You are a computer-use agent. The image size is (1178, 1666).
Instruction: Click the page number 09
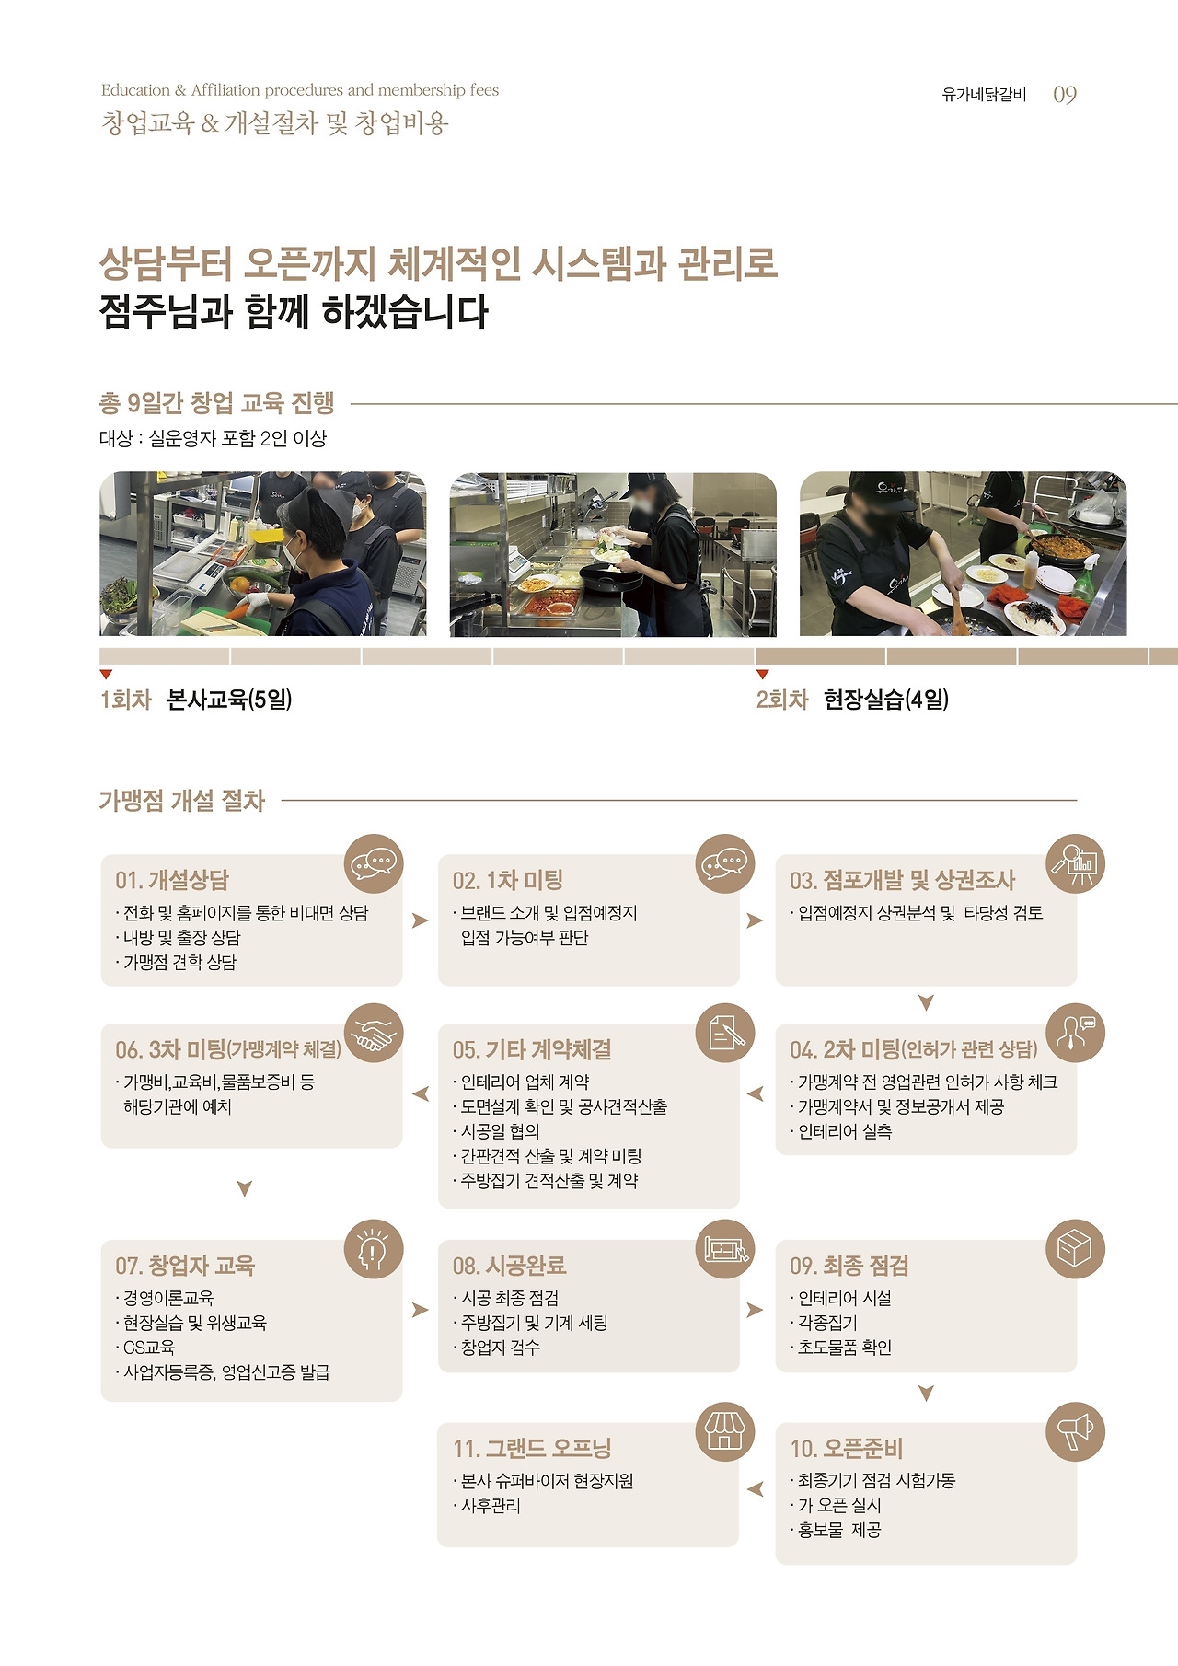(1065, 95)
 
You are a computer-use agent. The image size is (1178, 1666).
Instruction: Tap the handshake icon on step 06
(374, 1034)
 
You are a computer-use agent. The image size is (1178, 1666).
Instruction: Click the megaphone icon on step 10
(1075, 1432)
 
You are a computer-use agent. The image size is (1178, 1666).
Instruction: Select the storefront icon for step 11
(724, 1432)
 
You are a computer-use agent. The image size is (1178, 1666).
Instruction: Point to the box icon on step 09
(1075, 1250)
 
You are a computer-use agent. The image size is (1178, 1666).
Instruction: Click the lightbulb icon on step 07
(374, 1250)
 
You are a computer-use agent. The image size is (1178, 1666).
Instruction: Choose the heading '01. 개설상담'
(172, 880)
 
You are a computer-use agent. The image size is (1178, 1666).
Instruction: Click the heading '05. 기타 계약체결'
(532, 1049)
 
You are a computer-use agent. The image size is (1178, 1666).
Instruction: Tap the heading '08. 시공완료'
(509, 1266)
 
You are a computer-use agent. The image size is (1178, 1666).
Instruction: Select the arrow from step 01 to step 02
(421, 920)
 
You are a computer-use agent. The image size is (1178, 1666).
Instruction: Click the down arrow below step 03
(927, 1002)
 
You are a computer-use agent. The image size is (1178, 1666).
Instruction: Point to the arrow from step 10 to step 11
(756, 1489)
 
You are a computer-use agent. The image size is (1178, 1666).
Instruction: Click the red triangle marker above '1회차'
(106, 675)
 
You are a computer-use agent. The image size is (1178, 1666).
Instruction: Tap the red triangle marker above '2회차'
(762, 675)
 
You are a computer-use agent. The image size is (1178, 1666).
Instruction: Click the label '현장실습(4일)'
(886, 700)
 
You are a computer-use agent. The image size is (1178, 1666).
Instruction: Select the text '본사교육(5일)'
(229, 700)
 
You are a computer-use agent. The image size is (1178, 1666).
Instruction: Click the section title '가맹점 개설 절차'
(182, 801)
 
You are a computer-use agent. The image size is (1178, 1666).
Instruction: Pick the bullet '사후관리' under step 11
(491, 1506)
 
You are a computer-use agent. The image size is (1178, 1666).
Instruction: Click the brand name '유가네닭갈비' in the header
(984, 95)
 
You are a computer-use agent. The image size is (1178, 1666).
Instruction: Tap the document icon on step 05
(724, 1034)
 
